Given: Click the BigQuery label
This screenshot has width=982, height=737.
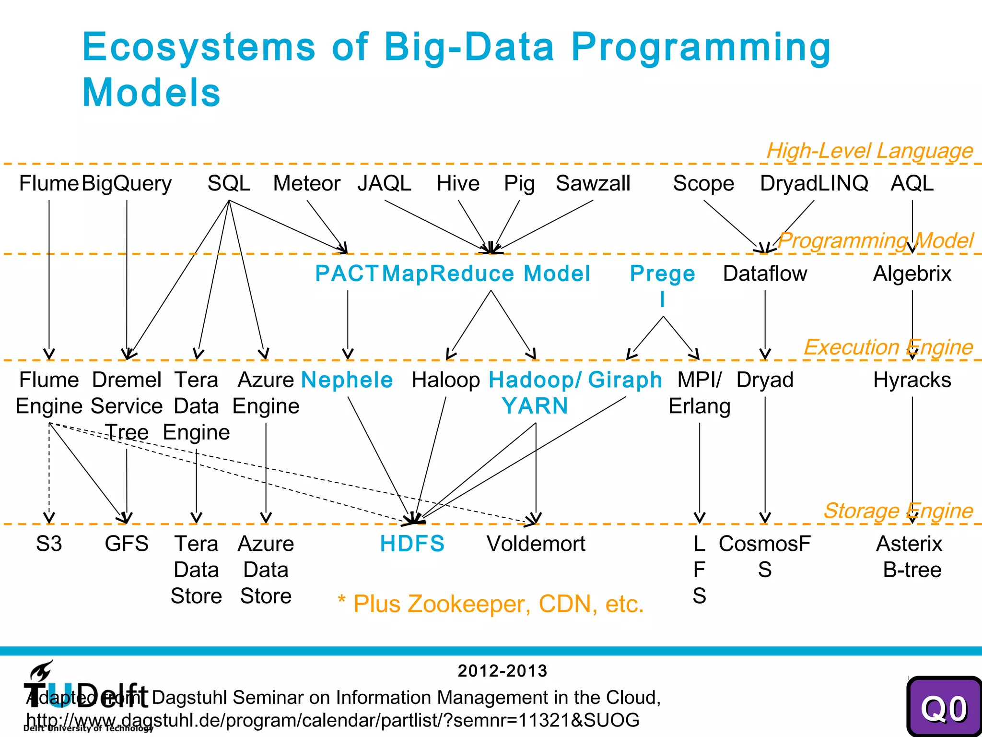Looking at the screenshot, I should (127, 184).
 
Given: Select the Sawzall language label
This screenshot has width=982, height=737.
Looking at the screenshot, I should (593, 183).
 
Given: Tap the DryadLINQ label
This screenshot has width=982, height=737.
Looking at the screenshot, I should (814, 183).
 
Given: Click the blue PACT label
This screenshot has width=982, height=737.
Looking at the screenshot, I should (347, 273).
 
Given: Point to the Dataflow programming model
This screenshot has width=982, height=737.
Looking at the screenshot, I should (765, 273).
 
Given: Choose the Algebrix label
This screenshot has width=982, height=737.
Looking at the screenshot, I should (912, 273).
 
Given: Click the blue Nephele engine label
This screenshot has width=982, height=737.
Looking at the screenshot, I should (347, 380).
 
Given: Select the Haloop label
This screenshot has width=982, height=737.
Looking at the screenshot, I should (445, 380).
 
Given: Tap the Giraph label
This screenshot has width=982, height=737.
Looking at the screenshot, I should (625, 380).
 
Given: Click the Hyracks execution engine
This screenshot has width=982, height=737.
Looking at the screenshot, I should (912, 380).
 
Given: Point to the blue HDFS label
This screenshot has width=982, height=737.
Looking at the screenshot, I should (412, 544).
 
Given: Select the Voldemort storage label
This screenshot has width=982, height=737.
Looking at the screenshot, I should (536, 544).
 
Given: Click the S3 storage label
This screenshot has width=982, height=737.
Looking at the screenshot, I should (49, 544).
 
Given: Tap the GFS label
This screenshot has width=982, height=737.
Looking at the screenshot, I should (127, 544).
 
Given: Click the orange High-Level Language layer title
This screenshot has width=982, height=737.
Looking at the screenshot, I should (869, 151).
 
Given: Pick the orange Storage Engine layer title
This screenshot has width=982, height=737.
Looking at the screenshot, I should (898, 511).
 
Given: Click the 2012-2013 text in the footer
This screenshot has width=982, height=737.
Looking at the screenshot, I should (502, 671).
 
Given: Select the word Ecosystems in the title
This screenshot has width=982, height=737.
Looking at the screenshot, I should (199, 47).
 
